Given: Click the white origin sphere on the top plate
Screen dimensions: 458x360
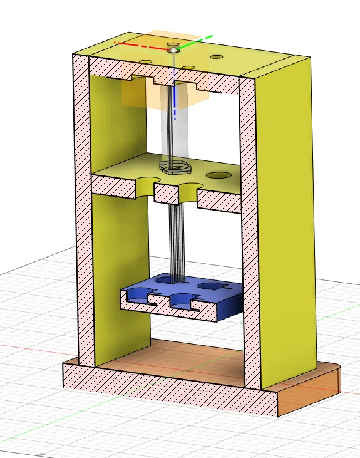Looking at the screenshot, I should point(172,49).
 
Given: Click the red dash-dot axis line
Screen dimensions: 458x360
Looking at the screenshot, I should point(141,44).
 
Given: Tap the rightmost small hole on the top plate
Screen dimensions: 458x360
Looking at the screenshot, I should point(216,57).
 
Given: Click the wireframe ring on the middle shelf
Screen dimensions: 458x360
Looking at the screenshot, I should point(175,167).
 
